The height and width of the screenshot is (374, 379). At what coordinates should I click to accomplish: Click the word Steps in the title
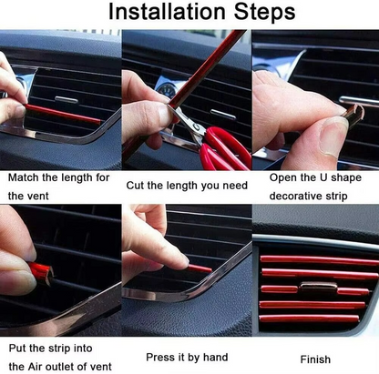tap(259, 13)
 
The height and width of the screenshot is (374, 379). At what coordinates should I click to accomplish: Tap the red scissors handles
tap(222, 150)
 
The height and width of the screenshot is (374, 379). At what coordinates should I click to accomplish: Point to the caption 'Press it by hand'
tap(187, 357)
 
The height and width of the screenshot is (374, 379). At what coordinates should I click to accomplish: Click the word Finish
tap(315, 357)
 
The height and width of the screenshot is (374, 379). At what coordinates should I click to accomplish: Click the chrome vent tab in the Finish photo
tap(317, 288)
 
